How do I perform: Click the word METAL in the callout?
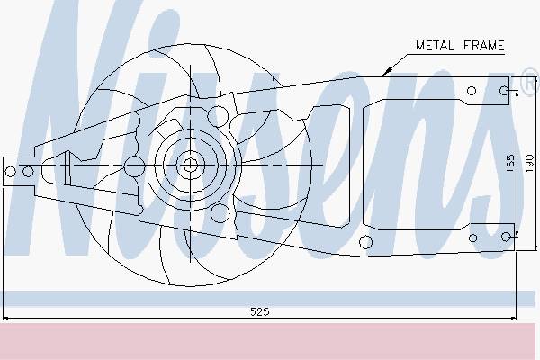coord(434,46)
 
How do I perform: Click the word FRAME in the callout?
coord(484,46)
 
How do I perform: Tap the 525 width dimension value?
coord(260,311)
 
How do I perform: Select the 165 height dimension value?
coord(510,163)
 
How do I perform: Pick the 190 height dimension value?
coord(529,163)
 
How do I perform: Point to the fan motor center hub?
coord(190,165)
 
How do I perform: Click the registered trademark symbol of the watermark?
coord(530,82)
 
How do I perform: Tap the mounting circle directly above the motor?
coord(218,116)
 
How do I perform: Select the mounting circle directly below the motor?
coord(220,213)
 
